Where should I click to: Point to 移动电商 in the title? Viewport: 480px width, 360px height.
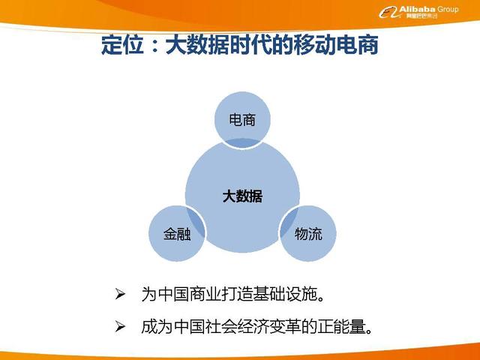(x=339, y=47)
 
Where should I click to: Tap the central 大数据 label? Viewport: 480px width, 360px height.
(x=241, y=196)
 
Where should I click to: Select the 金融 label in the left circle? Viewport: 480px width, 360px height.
(x=177, y=234)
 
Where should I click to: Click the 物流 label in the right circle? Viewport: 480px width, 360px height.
(x=308, y=234)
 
